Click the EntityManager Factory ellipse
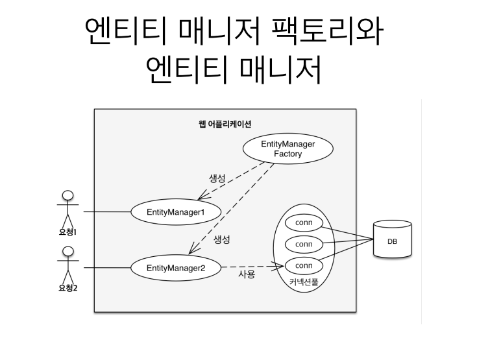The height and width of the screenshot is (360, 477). [x=287, y=149]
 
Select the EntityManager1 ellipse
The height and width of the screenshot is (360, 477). [x=176, y=211]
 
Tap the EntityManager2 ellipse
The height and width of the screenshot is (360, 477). [x=176, y=267]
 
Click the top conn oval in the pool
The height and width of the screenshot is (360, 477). [x=304, y=223]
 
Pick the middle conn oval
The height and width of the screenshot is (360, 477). [x=304, y=245]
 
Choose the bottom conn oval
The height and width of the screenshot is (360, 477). [x=304, y=265]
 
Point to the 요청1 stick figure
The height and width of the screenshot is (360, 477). [x=67, y=208]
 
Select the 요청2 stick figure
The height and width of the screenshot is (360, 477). [x=67, y=263]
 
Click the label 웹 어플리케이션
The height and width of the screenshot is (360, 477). [x=225, y=123]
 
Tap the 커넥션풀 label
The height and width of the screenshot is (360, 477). [x=303, y=283]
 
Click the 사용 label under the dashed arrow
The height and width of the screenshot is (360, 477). [x=247, y=275]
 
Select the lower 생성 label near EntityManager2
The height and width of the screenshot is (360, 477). [x=223, y=239]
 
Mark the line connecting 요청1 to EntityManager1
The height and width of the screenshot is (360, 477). [x=106, y=211]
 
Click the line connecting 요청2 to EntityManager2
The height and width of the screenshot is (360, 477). [x=106, y=267]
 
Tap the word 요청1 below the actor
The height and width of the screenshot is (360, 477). [x=67, y=231]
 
